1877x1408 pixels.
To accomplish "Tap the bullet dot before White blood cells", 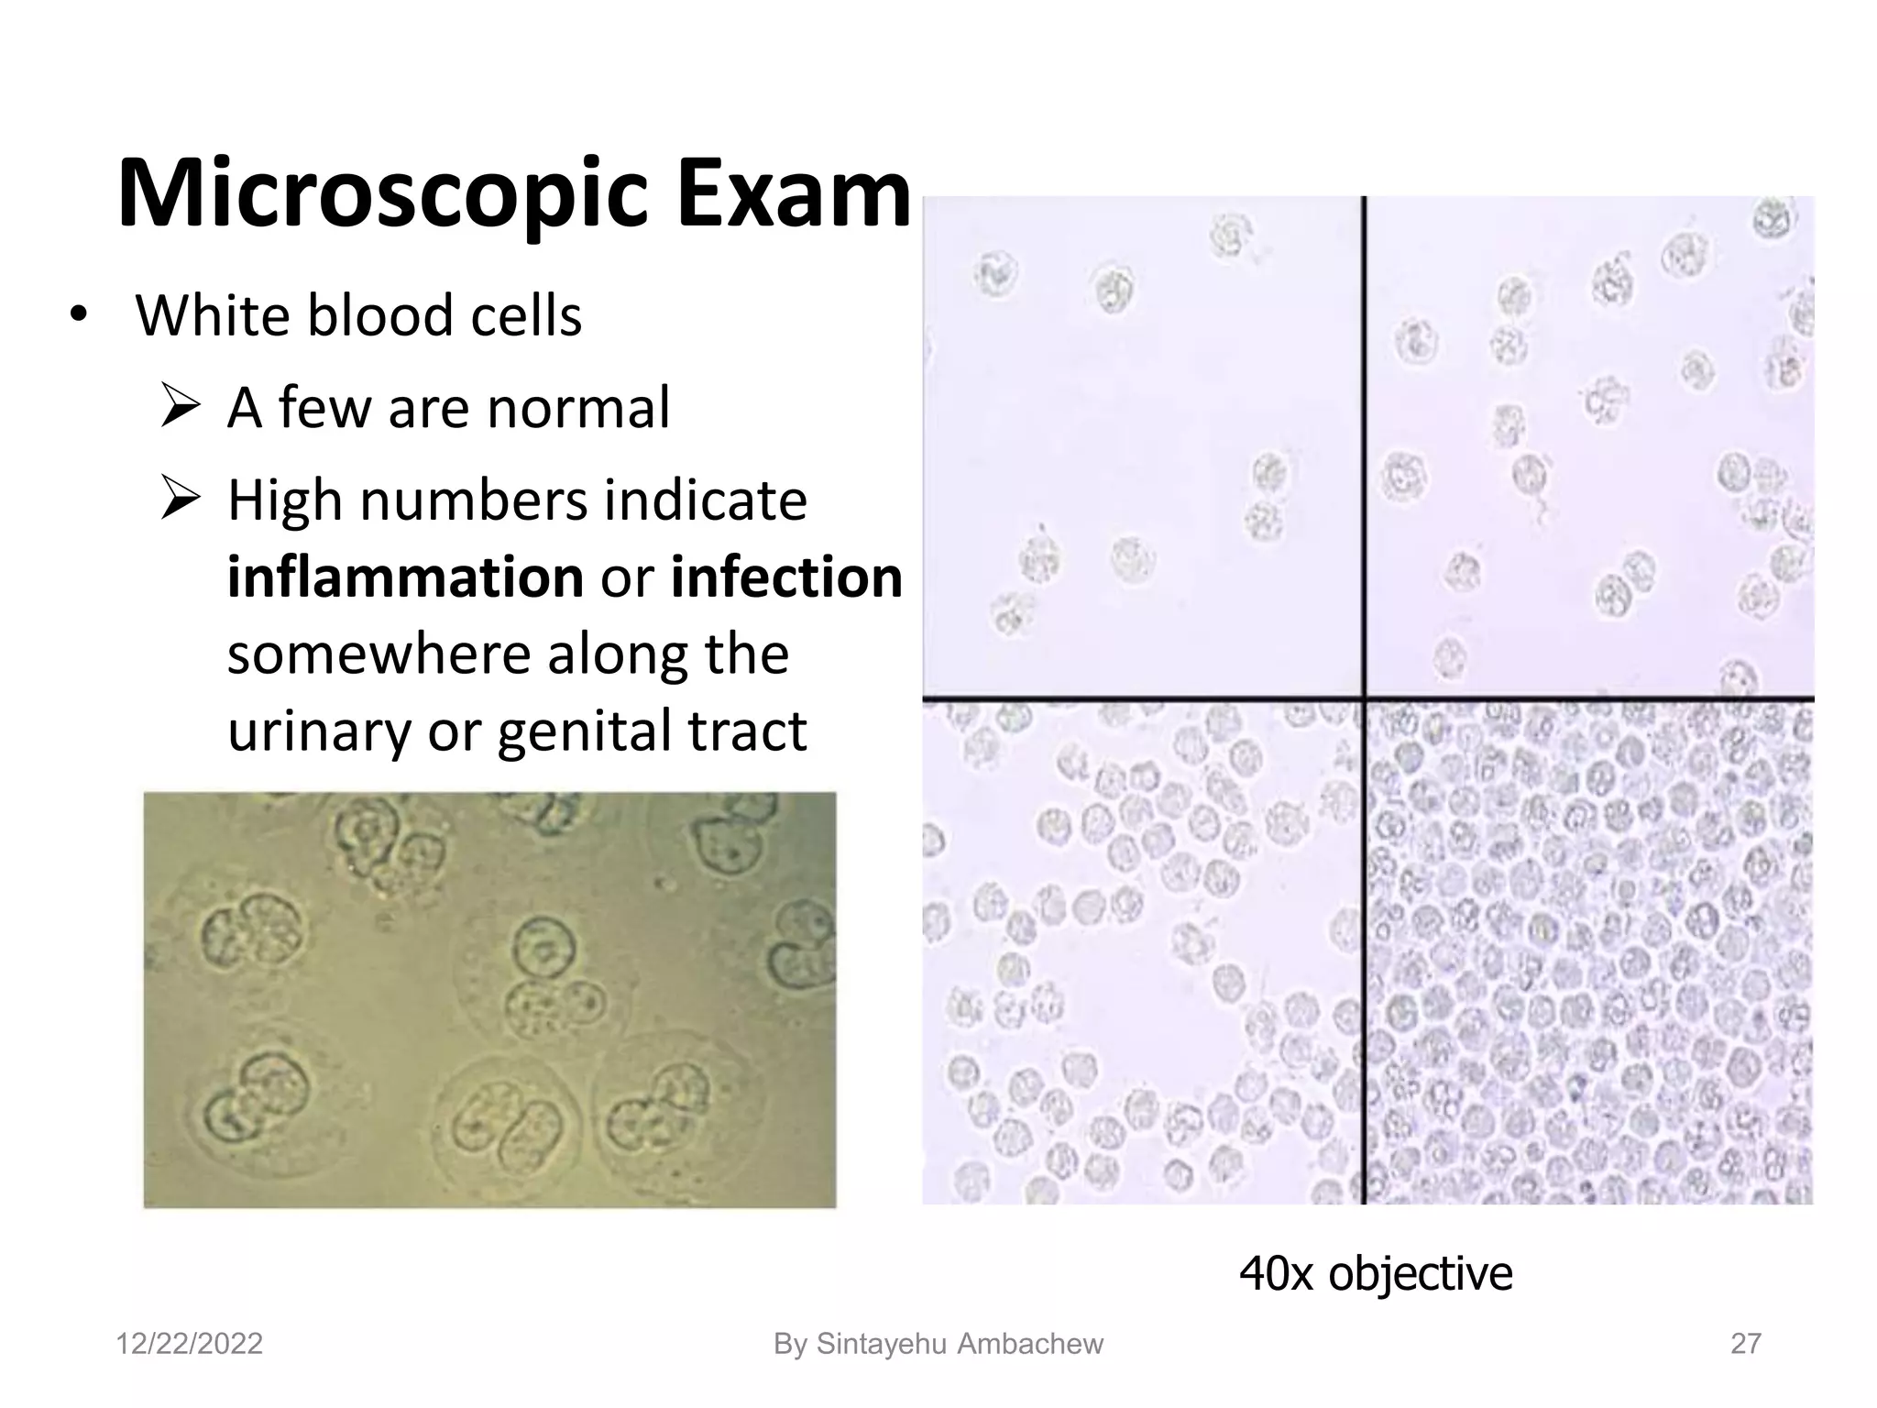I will pyautogui.click(x=79, y=314).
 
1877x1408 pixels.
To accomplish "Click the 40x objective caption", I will pyautogui.click(x=1375, y=1273).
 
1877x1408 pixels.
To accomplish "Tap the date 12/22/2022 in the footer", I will pyautogui.click(x=189, y=1344).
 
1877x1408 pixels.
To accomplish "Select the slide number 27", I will pyautogui.click(x=1745, y=1344).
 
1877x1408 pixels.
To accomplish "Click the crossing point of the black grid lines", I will pyautogui.click(x=1364, y=698).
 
